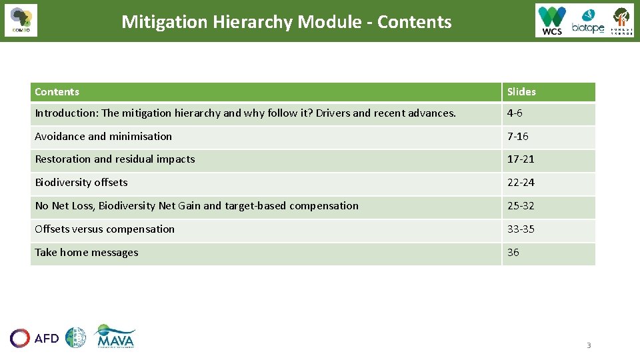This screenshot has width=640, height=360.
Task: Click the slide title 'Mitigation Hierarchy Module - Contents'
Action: (x=286, y=22)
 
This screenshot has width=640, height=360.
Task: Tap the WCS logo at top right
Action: (x=552, y=21)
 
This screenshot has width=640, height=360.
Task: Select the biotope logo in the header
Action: (x=587, y=21)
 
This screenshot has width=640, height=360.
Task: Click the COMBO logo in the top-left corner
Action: (x=21, y=21)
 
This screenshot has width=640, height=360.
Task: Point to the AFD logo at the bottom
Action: (x=35, y=338)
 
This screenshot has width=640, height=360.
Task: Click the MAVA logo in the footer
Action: (x=115, y=337)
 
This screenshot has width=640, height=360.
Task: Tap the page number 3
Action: (x=589, y=345)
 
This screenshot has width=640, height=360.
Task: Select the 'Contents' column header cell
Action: (x=57, y=92)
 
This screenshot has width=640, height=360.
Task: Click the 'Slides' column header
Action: (x=521, y=92)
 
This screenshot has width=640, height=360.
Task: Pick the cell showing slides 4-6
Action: (x=515, y=113)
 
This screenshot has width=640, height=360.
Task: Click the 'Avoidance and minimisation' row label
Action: (x=103, y=136)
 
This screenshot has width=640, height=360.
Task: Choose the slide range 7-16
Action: (x=517, y=136)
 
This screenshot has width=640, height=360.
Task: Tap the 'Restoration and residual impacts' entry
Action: (x=115, y=159)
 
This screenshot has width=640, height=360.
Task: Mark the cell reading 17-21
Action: (x=521, y=159)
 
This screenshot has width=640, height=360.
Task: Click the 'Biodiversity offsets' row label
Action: (x=81, y=183)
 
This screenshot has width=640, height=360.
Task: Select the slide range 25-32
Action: (x=521, y=206)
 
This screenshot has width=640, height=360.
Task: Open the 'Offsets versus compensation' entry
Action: (x=105, y=229)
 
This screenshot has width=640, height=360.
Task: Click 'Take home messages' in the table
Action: (x=87, y=253)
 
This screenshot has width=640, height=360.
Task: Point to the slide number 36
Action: (x=513, y=253)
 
